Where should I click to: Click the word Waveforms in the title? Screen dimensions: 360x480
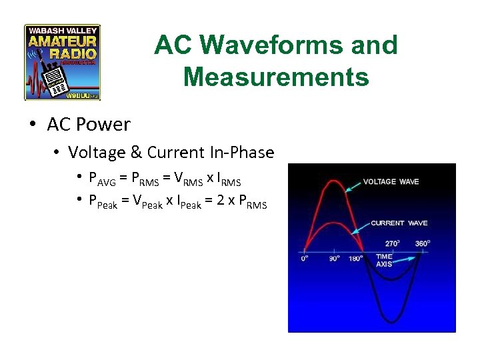[299, 45]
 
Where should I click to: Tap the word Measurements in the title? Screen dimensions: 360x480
[276, 77]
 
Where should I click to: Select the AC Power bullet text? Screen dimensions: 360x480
[89, 124]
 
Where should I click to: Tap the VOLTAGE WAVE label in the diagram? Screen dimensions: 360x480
[391, 181]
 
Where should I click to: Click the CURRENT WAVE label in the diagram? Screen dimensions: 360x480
[399, 223]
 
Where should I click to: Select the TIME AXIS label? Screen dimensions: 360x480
[384, 261]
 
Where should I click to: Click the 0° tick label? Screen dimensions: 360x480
[305, 259]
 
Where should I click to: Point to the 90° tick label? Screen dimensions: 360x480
[334, 259]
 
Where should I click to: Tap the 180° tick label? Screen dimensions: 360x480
[356, 259]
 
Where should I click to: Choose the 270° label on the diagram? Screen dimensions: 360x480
[393, 243]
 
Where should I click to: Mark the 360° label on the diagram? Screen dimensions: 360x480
[423, 243]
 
